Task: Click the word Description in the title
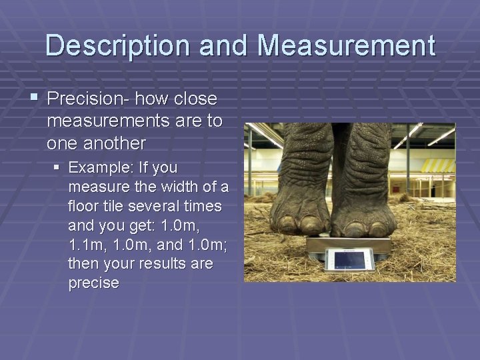pyautogui.click(x=117, y=46)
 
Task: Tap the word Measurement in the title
pyautogui.click(x=347, y=46)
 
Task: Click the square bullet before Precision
pyautogui.click(x=34, y=99)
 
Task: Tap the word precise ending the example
pyautogui.click(x=93, y=283)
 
